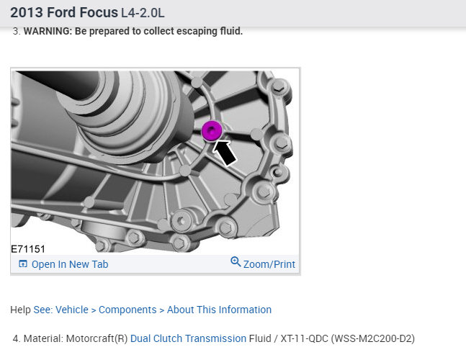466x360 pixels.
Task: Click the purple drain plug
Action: pos(212,131)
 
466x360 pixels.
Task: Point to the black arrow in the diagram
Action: pos(225,153)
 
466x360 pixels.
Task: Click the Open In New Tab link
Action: pos(70,264)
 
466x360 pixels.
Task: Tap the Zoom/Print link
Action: pos(269,264)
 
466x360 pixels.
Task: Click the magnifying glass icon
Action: pos(236,261)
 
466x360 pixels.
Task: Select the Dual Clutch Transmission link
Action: pos(188,338)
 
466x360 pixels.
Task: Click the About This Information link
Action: pos(219,310)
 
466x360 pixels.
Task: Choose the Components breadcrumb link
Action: pos(127,310)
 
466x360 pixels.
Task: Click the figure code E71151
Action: pos(28,249)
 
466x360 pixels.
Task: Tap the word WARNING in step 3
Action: pos(48,31)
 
